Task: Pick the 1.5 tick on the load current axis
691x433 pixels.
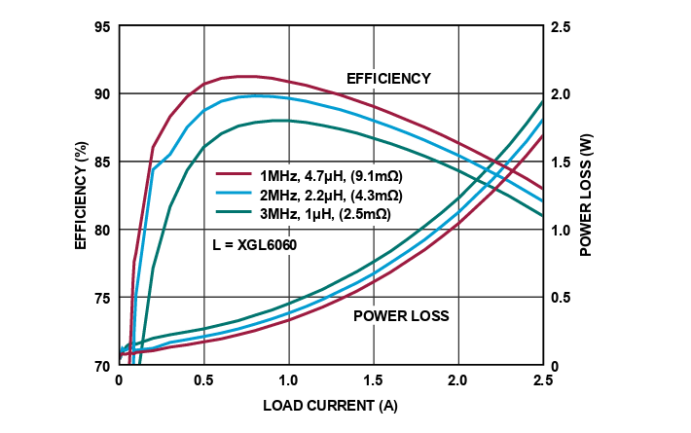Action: tap(373, 380)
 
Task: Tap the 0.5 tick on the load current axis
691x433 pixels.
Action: tap(203, 380)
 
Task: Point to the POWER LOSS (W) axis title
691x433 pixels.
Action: tap(586, 196)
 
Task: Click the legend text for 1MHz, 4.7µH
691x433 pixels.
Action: tap(331, 176)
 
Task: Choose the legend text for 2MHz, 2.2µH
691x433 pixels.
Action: tap(331, 194)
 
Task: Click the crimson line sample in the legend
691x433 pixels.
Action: tap(234, 176)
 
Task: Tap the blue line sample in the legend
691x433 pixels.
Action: tap(234, 194)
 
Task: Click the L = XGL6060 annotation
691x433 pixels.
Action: tap(254, 245)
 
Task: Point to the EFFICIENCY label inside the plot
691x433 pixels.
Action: tap(388, 78)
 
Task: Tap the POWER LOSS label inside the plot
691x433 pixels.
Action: tap(401, 316)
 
